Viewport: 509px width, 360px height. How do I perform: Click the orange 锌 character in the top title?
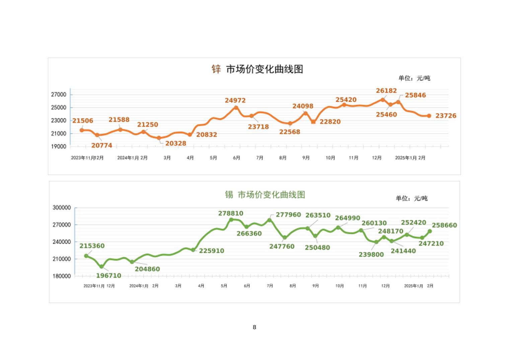pos(216,69)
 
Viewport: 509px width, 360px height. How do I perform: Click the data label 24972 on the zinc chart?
pos(235,100)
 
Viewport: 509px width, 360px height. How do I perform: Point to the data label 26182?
pos(386,91)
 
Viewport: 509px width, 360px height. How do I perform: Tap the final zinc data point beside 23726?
pos(429,116)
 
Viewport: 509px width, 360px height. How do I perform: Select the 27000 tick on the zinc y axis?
pos(59,95)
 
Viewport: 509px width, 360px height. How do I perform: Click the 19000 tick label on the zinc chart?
pos(59,146)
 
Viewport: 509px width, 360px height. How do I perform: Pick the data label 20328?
pos(175,143)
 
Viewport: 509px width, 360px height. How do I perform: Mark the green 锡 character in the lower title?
pos(229,195)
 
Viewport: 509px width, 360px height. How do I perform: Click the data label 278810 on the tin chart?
pos(231,213)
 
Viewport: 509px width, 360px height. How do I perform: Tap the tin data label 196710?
pos(108,276)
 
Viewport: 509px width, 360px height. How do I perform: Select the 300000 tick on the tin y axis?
pos(62,208)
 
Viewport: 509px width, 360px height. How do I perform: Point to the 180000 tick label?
pos(62,276)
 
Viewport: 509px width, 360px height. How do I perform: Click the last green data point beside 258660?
pos(430,231)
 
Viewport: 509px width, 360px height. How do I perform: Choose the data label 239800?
pos(371,254)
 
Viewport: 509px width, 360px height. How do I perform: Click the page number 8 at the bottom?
pos(254,327)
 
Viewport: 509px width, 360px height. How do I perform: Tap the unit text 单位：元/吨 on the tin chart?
pos(412,198)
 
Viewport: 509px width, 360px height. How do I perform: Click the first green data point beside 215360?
pos(86,256)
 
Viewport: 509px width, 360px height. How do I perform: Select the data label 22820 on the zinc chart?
pos(330,122)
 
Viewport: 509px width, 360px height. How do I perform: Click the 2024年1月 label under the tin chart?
pos(139,286)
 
